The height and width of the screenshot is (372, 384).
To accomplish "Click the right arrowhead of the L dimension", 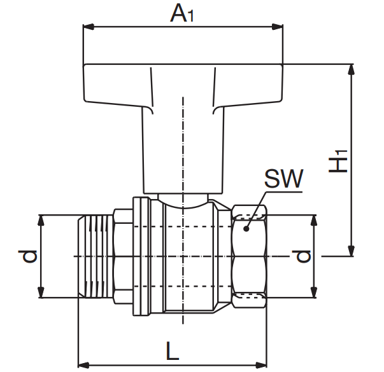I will pos(263,365).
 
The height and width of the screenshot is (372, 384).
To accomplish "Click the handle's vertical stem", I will pos(183,153).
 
